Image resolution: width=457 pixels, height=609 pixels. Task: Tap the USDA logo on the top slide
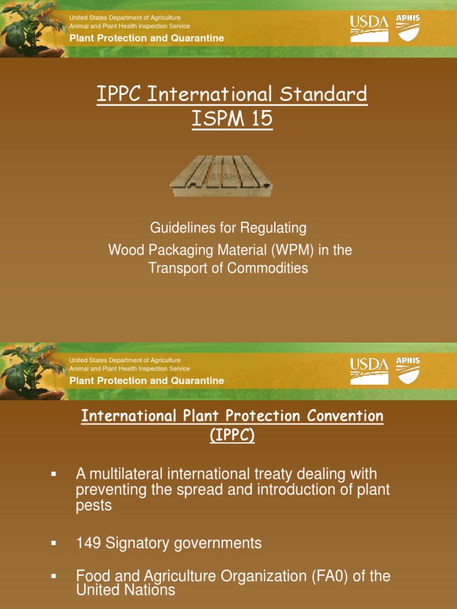(369, 29)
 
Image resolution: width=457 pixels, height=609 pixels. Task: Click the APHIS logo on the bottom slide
(408, 370)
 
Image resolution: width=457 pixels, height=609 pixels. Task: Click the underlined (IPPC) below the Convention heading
(232, 435)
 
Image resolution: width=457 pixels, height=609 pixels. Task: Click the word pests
(93, 505)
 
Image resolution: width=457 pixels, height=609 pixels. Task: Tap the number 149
(88, 543)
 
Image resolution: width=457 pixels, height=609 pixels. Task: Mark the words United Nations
(126, 590)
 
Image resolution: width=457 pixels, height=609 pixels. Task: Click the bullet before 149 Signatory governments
(54, 543)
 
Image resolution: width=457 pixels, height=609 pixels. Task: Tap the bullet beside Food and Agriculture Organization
(54, 576)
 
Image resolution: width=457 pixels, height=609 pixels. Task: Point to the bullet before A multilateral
(54, 474)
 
